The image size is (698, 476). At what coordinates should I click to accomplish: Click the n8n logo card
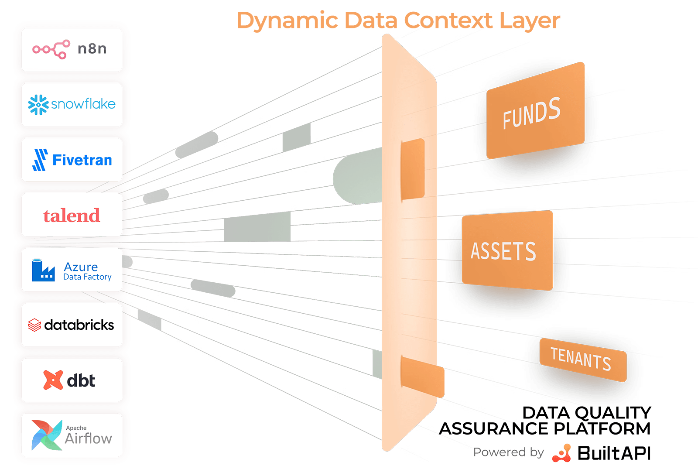(72, 50)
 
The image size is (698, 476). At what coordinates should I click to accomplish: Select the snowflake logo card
(72, 105)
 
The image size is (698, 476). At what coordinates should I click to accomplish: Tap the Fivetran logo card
(72, 160)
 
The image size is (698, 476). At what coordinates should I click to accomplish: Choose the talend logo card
(72, 215)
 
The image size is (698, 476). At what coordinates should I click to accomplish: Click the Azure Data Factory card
(72, 270)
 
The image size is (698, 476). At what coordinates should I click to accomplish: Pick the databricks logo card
(72, 325)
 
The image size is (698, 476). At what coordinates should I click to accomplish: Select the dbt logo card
(72, 380)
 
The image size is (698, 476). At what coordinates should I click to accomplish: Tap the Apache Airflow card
(72, 435)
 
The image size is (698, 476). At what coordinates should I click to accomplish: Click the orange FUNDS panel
(535, 111)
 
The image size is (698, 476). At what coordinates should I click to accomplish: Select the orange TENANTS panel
(582, 360)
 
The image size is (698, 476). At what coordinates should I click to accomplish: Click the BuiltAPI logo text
(614, 453)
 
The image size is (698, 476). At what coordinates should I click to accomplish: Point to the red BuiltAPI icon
(562, 453)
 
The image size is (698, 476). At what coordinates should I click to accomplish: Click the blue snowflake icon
(38, 105)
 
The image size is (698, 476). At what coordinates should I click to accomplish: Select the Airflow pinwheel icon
(47, 435)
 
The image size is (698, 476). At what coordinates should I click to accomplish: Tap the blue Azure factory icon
(43, 271)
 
